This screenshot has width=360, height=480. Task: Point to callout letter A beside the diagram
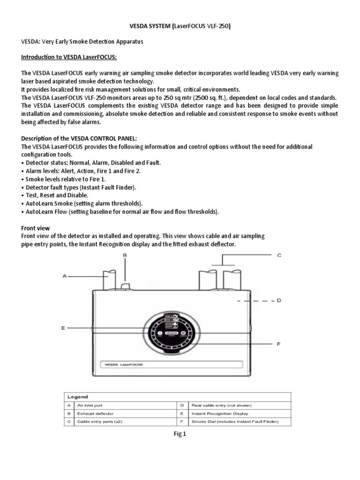pyautogui.click(x=64, y=277)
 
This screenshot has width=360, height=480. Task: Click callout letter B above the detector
pyautogui.click(x=125, y=255)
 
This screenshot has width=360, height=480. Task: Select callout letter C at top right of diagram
pyautogui.click(x=278, y=255)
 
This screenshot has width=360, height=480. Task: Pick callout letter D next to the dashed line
pyautogui.click(x=278, y=300)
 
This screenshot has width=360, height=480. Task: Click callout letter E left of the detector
pyautogui.click(x=62, y=328)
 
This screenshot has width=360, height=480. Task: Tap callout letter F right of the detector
pyautogui.click(x=278, y=344)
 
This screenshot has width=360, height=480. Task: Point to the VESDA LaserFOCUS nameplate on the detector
pyautogui.click(x=171, y=364)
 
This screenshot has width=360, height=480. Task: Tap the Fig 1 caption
pyautogui.click(x=180, y=434)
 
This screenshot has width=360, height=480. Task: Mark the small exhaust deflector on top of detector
pyautogui.click(x=125, y=285)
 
